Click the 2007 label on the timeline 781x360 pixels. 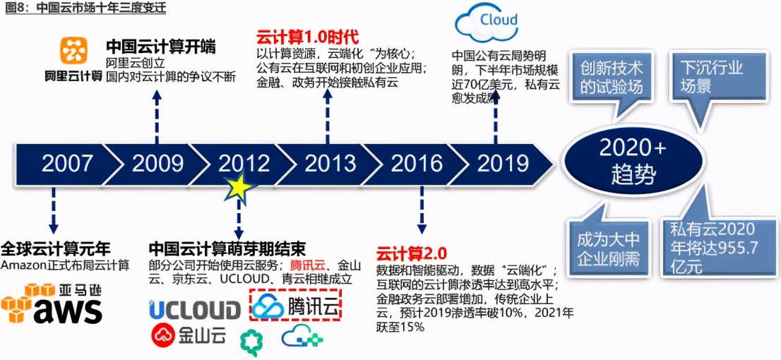coord(67,163)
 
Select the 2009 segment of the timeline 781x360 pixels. coord(157,163)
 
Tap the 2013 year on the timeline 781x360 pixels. coord(330,163)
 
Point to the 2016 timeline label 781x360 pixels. coord(417,163)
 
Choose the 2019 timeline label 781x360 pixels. coord(503,163)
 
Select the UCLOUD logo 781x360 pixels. coord(195,310)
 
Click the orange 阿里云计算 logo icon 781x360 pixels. coord(73,51)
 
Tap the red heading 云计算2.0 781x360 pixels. coord(412,252)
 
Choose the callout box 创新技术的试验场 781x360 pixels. coord(612,78)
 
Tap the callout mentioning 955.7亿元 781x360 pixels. coord(713,248)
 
